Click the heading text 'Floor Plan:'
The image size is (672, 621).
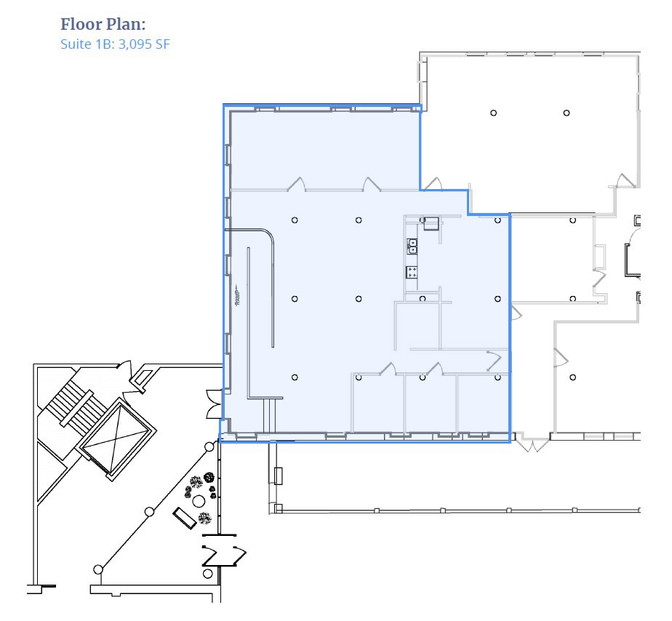[103, 24]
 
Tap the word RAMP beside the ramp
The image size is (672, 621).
[237, 296]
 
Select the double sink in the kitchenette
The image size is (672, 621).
[412, 246]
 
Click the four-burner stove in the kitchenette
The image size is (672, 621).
[412, 272]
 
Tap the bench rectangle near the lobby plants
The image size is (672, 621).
[183, 518]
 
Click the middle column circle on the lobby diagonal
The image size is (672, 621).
[149, 512]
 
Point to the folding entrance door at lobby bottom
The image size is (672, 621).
[222, 556]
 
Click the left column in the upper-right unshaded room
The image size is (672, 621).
[493, 113]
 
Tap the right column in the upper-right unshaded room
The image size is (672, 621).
[566, 113]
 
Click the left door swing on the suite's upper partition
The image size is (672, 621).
[296, 184]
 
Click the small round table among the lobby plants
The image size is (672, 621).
[198, 501]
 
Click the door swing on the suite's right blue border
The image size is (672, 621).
[516, 313]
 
